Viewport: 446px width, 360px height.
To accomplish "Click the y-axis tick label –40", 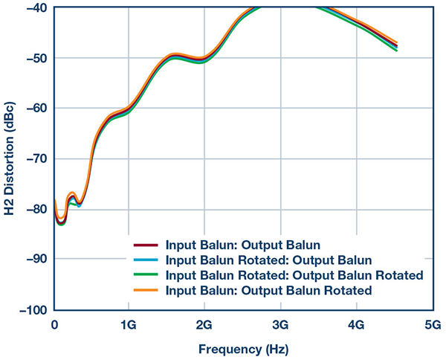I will [36, 8].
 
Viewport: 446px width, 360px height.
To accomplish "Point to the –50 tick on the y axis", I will [36, 58].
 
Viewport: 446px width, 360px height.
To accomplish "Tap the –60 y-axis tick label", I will [36, 109].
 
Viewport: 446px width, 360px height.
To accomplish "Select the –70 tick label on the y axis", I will [36, 158].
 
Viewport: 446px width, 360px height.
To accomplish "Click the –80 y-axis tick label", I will [36, 209].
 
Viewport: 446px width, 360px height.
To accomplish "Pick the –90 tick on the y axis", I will [36, 259].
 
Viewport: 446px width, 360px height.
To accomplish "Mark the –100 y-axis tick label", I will [33, 309].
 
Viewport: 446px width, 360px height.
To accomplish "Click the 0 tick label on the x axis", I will [54, 324].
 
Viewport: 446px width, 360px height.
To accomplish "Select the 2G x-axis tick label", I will [205, 324].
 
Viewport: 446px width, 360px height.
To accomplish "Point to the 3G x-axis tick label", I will [281, 324].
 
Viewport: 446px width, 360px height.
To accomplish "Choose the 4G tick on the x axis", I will [356, 324].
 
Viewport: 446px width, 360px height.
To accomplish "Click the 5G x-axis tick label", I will [432, 324].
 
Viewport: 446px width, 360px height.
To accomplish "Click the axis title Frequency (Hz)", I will [242, 348].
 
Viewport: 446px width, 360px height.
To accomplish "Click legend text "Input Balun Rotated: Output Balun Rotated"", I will [295, 275].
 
